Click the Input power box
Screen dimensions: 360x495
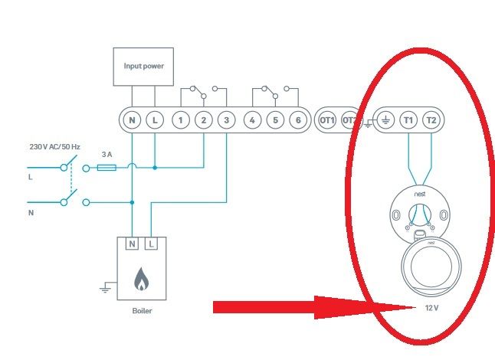(143, 66)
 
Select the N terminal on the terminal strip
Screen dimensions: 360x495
(132, 120)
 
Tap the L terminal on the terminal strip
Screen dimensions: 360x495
(155, 120)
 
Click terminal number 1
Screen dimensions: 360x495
(180, 120)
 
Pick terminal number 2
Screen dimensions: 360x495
(203, 120)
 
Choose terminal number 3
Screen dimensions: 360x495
(226, 120)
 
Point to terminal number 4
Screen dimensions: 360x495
(252, 120)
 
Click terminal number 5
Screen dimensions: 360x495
(274, 120)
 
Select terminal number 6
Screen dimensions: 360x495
(297, 120)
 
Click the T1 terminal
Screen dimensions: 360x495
(408, 120)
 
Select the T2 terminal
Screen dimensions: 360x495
(431, 120)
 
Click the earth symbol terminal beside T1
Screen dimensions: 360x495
(385, 120)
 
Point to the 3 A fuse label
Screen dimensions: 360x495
(108, 154)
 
